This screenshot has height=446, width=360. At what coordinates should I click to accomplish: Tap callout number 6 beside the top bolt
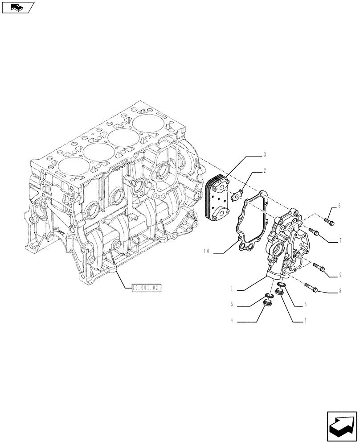(339, 206)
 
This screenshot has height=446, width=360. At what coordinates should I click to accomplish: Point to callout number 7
(340, 241)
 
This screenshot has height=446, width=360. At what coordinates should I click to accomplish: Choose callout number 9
(340, 275)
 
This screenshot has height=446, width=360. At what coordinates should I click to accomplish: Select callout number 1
(232, 289)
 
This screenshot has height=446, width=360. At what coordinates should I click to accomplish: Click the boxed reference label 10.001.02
(146, 288)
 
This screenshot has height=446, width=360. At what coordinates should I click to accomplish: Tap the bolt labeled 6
(328, 220)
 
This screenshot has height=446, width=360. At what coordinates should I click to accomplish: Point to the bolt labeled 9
(319, 267)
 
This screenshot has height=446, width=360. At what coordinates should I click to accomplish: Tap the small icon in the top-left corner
(17, 7)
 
